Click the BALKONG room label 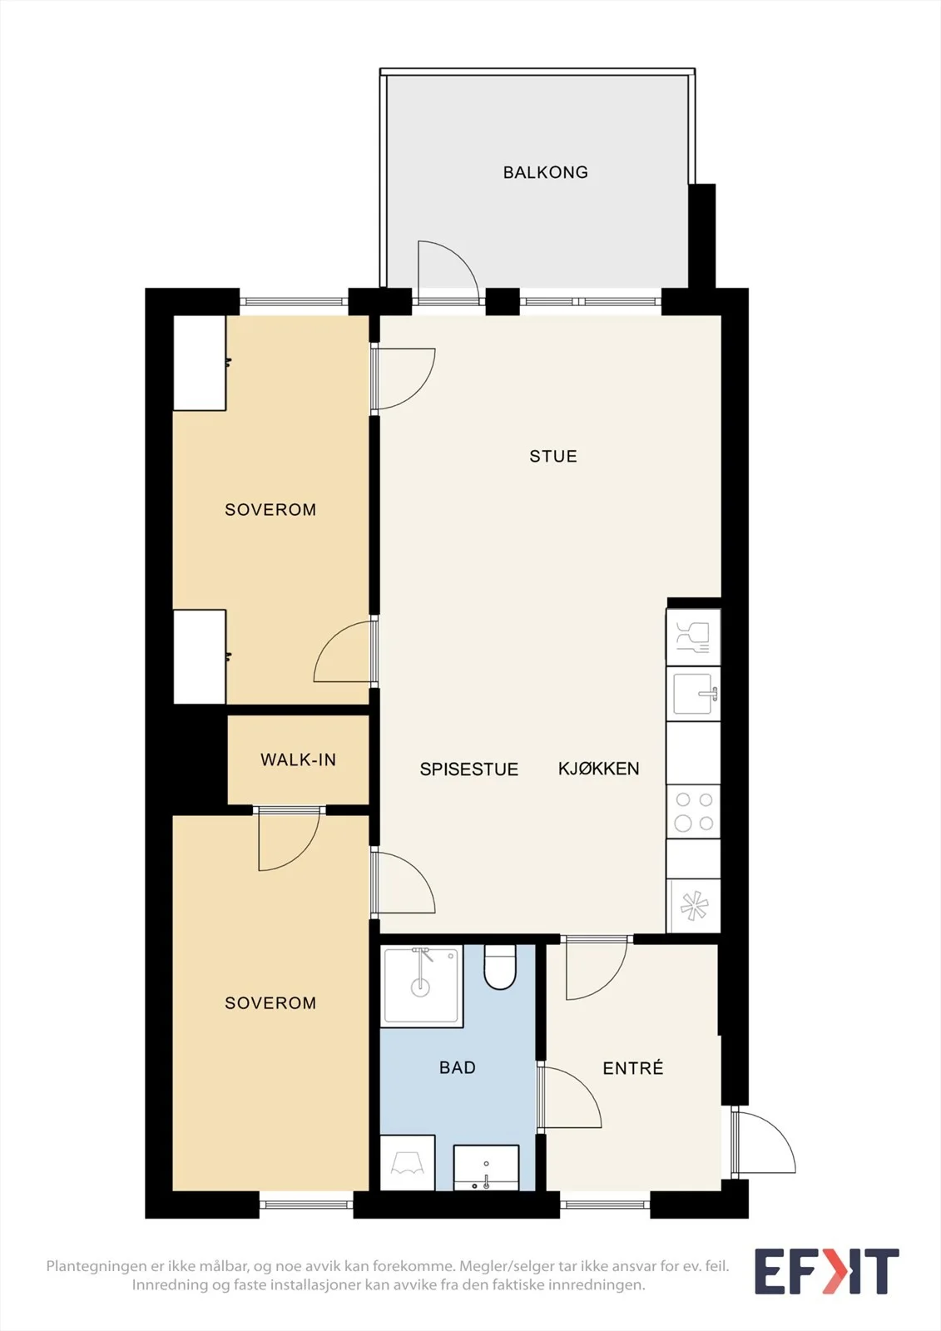pos(545,172)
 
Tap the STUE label pos(552,457)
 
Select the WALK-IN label pos(298,760)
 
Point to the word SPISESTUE pos(469,769)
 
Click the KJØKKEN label pos(598,769)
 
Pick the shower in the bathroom pos(422,986)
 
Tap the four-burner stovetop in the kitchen pos(694,812)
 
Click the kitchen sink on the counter pos(694,694)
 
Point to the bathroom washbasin pos(486,1168)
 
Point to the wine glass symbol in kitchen pos(693,637)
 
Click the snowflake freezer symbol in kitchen pos(694,906)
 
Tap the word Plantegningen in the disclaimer pos(96,1266)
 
